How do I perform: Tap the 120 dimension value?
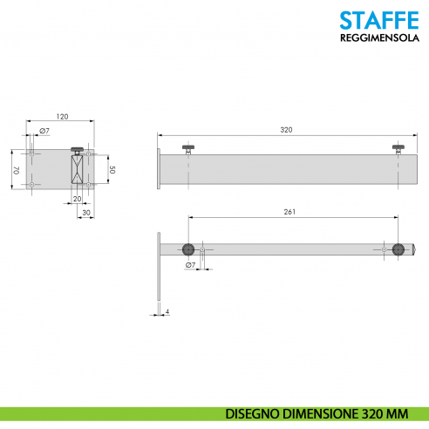coord(62,116)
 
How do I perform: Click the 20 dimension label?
coord(77,199)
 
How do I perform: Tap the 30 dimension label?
coord(86,212)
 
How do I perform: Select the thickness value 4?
coord(167,311)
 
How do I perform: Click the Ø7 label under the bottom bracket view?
coord(190,264)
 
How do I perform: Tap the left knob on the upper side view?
coord(187,147)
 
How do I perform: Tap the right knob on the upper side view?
coord(398,147)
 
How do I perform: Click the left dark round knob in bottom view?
coord(187,250)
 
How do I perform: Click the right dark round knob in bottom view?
coord(398,250)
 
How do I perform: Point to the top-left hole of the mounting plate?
coord(32,153)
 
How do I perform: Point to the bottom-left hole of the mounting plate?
coord(32,185)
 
